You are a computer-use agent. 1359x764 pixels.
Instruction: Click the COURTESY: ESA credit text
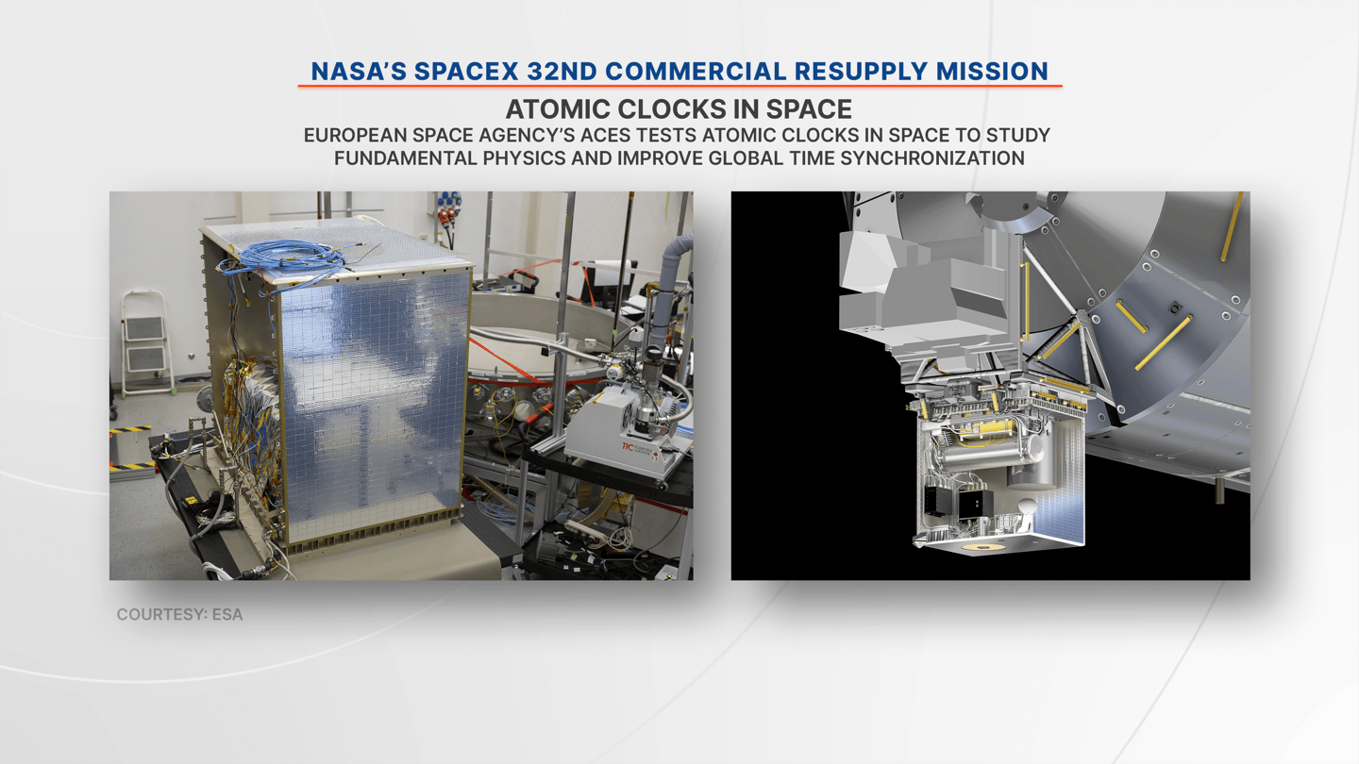[179, 615]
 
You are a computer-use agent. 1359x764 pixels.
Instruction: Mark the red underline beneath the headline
[679, 86]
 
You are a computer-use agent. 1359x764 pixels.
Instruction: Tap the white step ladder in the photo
[145, 343]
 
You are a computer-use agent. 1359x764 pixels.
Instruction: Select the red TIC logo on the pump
[628, 446]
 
